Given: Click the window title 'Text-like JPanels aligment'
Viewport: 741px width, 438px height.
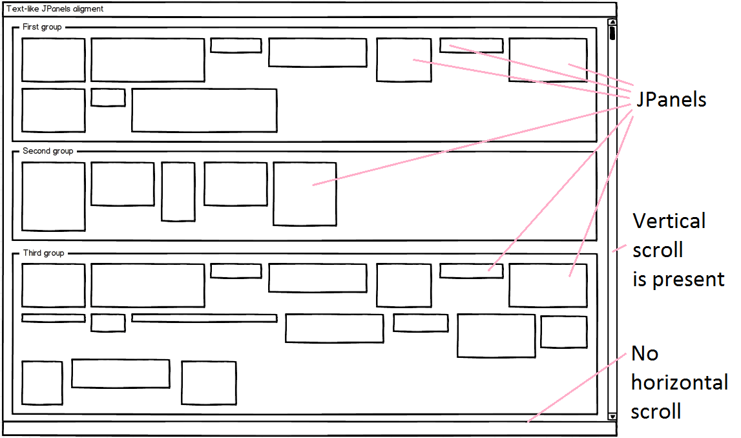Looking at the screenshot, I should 55,9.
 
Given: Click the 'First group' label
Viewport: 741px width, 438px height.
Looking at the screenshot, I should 41,27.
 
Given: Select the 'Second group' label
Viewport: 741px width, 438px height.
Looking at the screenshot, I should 48,151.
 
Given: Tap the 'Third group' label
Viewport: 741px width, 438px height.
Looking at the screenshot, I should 43,253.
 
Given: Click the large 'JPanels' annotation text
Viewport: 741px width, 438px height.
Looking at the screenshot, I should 671,100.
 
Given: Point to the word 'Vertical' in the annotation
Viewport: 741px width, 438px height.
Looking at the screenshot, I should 669,221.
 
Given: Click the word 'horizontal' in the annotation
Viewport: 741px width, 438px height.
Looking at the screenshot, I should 680,382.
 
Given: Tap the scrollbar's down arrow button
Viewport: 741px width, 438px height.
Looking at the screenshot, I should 612,417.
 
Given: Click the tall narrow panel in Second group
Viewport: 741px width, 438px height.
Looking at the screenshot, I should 178,191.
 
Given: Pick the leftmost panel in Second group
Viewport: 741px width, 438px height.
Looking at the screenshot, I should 54,196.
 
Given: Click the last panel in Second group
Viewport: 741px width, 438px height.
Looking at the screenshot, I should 304,194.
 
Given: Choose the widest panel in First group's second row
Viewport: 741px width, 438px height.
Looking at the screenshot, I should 204,110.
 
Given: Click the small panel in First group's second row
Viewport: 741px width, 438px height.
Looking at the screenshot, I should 108,98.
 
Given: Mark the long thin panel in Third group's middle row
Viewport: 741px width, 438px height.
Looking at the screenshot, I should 204,318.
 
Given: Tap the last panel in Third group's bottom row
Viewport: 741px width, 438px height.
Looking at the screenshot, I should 209,383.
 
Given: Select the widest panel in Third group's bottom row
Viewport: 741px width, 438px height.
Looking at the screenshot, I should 121,373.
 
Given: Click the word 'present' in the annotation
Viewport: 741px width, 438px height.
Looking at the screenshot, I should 688,280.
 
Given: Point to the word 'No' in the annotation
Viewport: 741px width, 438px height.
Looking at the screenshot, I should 644,353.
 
